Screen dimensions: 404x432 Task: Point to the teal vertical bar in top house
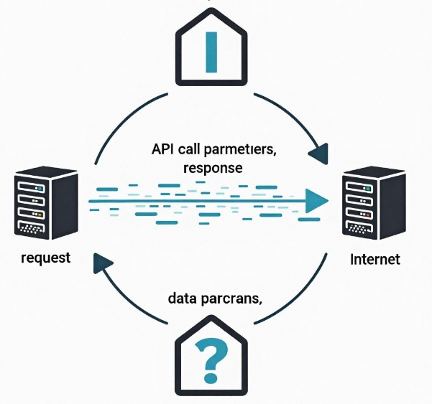211,52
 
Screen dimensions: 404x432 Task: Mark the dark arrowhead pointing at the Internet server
317,151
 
